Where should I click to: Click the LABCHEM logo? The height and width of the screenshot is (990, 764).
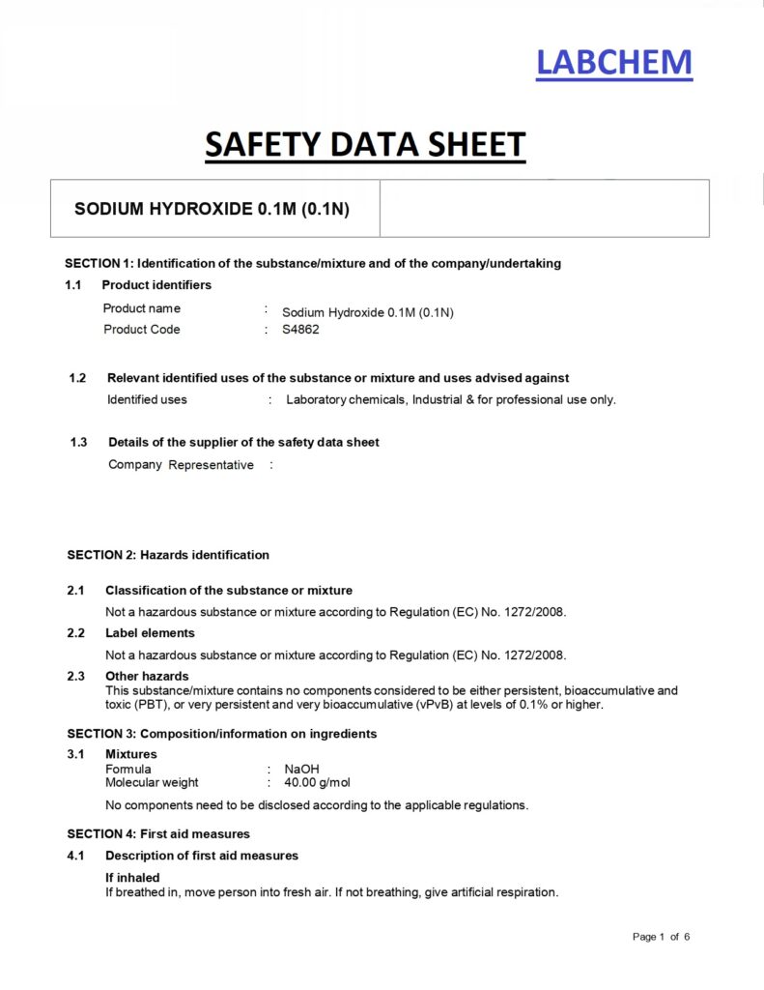coord(614,63)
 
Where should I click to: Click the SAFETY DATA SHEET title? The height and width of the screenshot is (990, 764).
coord(365,145)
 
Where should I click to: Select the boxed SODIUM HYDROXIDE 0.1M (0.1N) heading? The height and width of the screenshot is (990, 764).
coord(212,209)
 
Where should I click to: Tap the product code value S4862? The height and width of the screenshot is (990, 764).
coord(300,330)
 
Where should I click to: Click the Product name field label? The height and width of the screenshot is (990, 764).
coord(142,309)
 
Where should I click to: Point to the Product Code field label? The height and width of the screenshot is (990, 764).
coord(142,330)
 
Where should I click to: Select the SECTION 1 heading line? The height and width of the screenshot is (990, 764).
coord(313,263)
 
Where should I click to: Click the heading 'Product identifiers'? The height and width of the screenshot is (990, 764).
coord(156,285)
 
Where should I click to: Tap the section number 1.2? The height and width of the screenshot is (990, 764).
coord(78,378)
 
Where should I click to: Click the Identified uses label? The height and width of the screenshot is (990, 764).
coord(147,399)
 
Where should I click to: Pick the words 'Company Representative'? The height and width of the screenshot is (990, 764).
coord(181,465)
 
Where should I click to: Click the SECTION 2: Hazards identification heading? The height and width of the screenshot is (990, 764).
coord(168,555)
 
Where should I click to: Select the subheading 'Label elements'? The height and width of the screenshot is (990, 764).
coord(150,633)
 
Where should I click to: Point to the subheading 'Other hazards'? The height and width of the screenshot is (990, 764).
coord(147,676)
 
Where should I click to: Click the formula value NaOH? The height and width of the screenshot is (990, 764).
coord(302,770)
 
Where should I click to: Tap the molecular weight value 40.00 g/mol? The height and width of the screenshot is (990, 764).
coord(317,783)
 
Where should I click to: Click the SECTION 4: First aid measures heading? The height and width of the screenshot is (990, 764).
coord(158,833)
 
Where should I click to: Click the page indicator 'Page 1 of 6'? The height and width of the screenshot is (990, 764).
coord(662,937)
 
